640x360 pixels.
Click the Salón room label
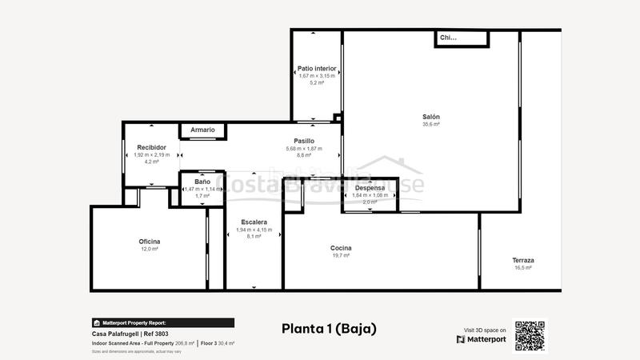click(x=431, y=117)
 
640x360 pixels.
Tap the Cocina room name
click(x=341, y=248)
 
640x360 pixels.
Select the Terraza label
click(x=523, y=260)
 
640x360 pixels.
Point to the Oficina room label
click(x=150, y=242)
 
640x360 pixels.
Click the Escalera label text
click(x=254, y=222)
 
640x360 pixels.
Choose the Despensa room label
click(x=370, y=187)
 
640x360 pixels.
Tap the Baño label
click(x=202, y=182)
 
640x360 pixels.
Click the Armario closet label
click(x=202, y=130)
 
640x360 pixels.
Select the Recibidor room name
click(x=151, y=147)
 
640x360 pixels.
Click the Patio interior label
click(x=317, y=69)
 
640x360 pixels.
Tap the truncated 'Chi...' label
click(x=448, y=38)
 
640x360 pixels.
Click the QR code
click(x=530, y=336)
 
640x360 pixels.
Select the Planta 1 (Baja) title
click(x=329, y=328)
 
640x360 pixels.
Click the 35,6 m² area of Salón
click(x=431, y=125)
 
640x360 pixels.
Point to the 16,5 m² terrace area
click(x=523, y=268)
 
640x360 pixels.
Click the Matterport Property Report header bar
click(x=162, y=323)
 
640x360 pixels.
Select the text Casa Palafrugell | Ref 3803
click(x=130, y=334)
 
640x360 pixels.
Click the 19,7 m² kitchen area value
click(x=341, y=256)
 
